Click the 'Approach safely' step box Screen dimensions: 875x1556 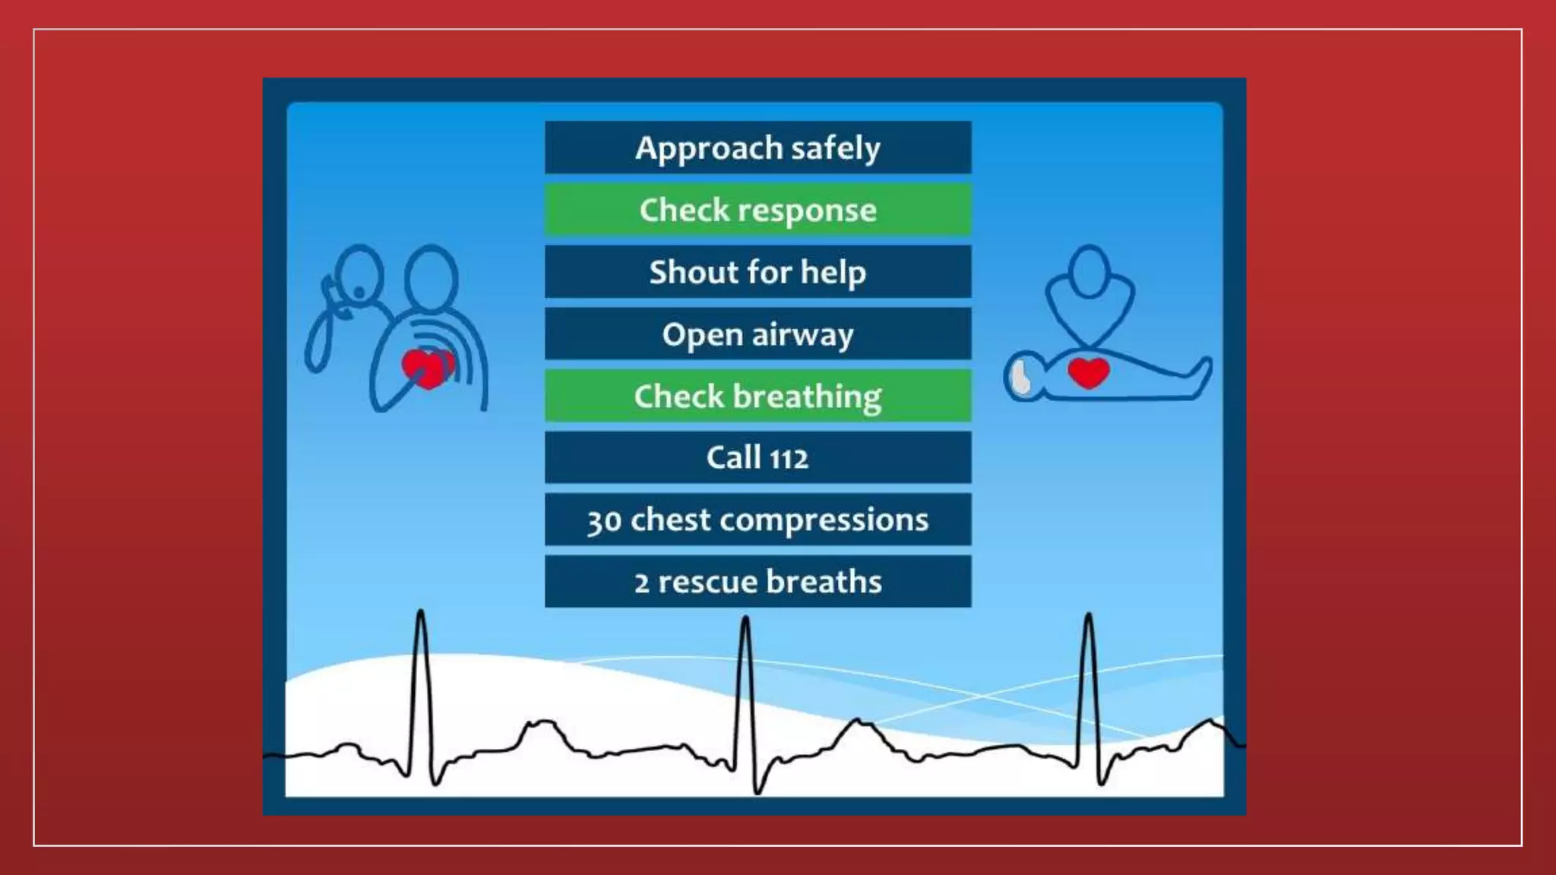pos(757,147)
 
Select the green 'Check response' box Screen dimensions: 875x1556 pos(757,210)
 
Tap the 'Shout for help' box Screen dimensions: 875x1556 pos(757,272)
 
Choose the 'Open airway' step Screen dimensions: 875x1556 pos(757,334)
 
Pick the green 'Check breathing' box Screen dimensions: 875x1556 pos(757,396)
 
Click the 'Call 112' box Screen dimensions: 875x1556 pos(757,457)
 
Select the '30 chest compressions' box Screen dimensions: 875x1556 pos(757,520)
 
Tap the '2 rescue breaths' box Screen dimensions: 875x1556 pos(757,582)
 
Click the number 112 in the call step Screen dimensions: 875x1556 pos(789,459)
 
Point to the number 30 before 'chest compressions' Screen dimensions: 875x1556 pos(604,522)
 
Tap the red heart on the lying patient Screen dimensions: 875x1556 pos(1088,372)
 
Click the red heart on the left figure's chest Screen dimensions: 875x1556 pos(425,369)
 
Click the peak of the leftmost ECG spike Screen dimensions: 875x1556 pos(420,611)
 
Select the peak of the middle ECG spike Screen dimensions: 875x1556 pos(745,618)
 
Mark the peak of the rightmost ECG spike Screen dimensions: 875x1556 pos(1088,615)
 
